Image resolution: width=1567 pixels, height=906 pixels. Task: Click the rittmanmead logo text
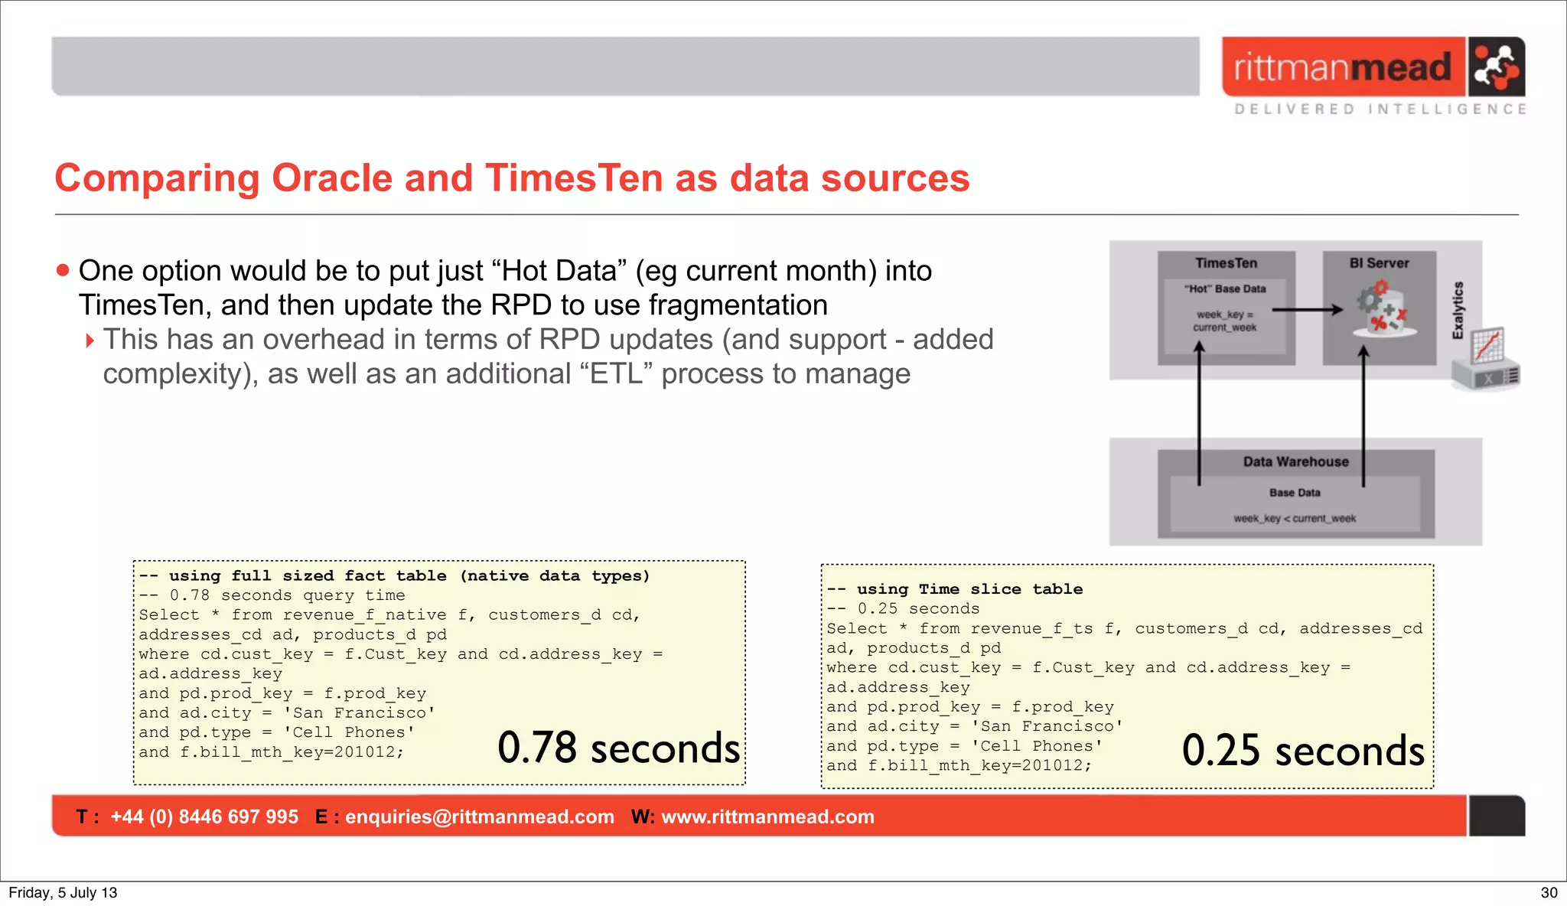click(1342, 67)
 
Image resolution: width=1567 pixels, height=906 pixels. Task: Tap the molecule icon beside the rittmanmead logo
click(1496, 67)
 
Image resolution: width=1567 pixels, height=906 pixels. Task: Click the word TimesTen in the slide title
click(574, 178)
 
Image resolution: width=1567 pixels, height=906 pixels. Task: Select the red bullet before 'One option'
click(63, 270)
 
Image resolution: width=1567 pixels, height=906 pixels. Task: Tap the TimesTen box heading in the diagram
click(1226, 263)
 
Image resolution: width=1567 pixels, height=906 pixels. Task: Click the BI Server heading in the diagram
click(1379, 263)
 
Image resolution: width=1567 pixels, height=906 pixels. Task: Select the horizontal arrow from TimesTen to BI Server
click(1307, 310)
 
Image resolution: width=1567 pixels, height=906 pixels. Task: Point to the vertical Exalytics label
click(1458, 310)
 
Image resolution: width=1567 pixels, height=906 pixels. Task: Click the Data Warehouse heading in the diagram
click(1295, 462)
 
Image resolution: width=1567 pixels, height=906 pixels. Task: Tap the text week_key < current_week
click(1295, 519)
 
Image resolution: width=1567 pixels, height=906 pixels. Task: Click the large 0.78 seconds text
click(618, 748)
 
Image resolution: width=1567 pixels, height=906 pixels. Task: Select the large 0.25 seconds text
click(1303, 751)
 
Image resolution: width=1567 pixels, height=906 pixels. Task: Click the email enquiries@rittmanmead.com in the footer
click(479, 817)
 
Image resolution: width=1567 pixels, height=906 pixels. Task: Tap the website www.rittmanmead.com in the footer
click(767, 817)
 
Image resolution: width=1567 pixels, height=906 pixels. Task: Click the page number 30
click(1549, 893)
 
